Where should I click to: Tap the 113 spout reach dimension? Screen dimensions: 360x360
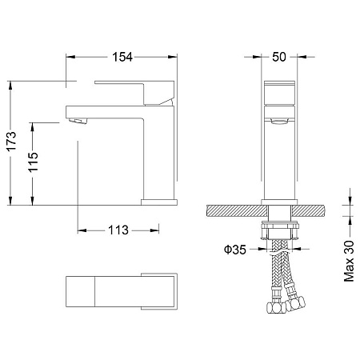(118, 230)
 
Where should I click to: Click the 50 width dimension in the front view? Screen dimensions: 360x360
(279, 56)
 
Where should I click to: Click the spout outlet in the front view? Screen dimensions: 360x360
(279, 122)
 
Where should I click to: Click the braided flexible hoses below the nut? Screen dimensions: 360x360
(282, 272)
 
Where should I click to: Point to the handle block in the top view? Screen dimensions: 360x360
(158, 290)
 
